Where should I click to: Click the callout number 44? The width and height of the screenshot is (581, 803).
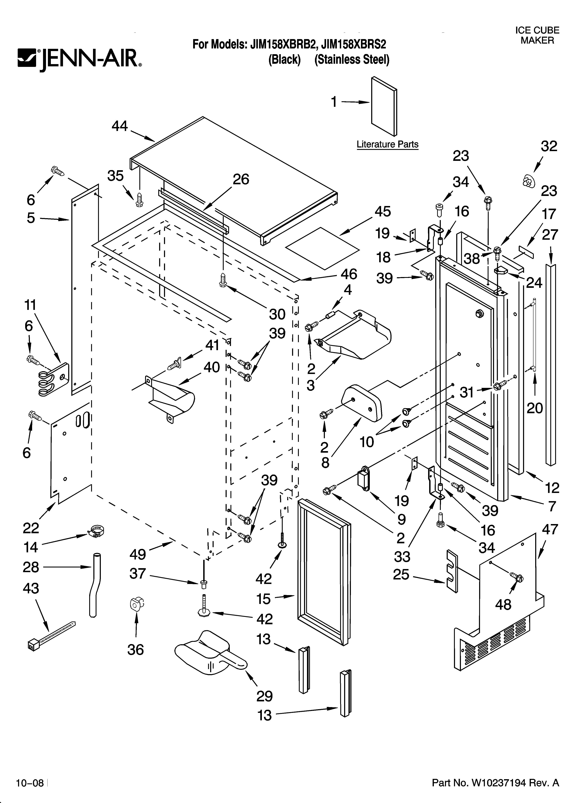(120, 126)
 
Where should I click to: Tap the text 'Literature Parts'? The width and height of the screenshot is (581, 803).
(388, 145)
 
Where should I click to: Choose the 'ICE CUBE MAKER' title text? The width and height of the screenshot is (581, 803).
(537, 35)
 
